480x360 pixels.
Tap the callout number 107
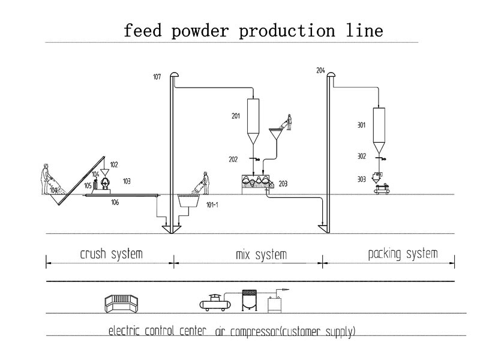pos(157,76)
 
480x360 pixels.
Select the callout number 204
pos(320,71)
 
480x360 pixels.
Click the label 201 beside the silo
pos(236,116)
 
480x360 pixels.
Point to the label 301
pos(361,125)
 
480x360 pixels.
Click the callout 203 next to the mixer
pos(283,184)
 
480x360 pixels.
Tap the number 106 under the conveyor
pos(115,203)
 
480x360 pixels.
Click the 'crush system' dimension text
pos(112,254)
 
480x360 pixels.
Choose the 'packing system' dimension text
pos(403,254)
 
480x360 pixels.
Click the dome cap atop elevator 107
pos(175,74)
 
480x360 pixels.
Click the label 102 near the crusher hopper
pos(114,164)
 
